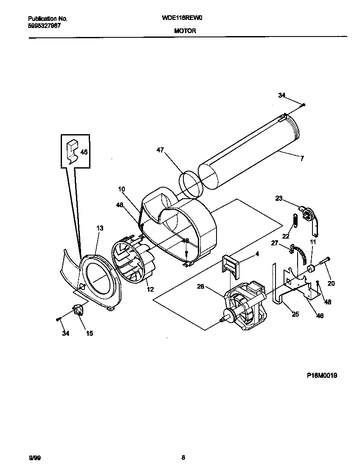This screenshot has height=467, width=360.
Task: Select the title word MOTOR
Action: click(185, 31)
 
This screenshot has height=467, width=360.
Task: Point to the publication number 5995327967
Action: click(44, 25)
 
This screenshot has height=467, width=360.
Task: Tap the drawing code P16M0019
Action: click(322, 375)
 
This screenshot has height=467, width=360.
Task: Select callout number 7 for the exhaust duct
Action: click(302, 159)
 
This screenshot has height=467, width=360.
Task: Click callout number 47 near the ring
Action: click(160, 150)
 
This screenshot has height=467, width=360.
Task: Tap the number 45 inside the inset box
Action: click(84, 152)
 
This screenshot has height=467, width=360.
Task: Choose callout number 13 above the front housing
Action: click(100, 228)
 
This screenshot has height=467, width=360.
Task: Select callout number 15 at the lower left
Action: click(90, 333)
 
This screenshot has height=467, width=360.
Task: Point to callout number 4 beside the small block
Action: click(257, 254)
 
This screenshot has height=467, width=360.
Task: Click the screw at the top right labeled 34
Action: click(304, 104)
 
